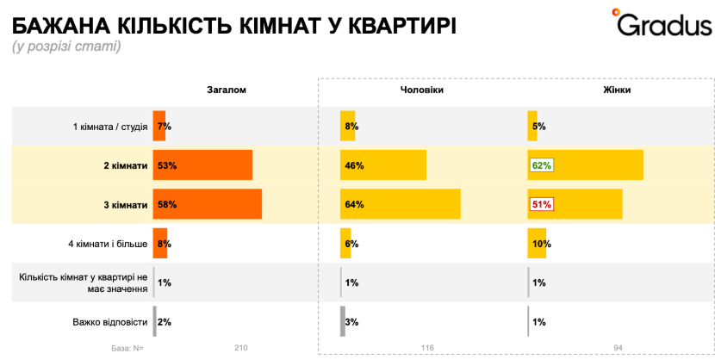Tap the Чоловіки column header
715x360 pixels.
[423, 90]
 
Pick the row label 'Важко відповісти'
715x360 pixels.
[110, 322]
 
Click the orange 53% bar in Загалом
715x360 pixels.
[202, 165]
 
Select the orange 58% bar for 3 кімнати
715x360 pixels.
[208, 205]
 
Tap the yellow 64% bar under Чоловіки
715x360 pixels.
[401, 205]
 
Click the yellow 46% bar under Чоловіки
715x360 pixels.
[383, 165]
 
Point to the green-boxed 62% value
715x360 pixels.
[541, 165]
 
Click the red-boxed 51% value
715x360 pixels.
[541, 205]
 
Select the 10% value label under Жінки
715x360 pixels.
[541, 245]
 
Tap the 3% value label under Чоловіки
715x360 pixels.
[352, 322]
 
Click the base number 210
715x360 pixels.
[240, 348]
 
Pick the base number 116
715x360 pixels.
[427, 348]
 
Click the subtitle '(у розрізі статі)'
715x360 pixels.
[66, 47]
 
